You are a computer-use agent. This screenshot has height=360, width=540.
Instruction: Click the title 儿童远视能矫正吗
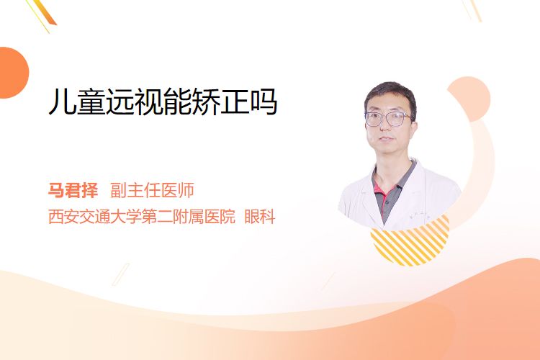point(163,102)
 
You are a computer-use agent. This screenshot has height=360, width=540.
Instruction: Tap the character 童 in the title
point(91,102)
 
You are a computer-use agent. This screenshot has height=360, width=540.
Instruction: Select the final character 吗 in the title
point(264,102)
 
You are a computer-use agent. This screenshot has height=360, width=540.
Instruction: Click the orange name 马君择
point(73,190)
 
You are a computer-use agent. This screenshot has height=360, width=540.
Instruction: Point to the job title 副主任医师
point(152,190)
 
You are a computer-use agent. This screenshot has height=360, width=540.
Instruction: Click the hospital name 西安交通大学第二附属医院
point(142,217)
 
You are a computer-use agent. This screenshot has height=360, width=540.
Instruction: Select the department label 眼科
point(260,217)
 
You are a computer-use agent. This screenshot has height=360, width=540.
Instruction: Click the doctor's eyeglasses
point(388,119)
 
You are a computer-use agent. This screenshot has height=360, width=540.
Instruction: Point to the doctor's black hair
point(390,96)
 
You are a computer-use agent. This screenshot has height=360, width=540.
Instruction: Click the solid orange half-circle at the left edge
point(14,73)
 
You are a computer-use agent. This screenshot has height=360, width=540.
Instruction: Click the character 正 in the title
point(235,102)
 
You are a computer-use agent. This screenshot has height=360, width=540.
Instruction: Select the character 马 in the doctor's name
point(56,190)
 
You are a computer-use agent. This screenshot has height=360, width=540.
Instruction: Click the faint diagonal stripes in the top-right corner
point(472,10)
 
